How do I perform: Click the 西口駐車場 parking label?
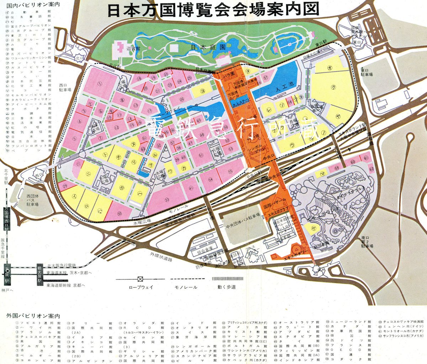point(65,88)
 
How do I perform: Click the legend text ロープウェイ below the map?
point(140,287)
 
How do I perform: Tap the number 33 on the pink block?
point(167,200)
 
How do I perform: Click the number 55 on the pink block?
point(230,172)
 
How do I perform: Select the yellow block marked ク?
point(333,87)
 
